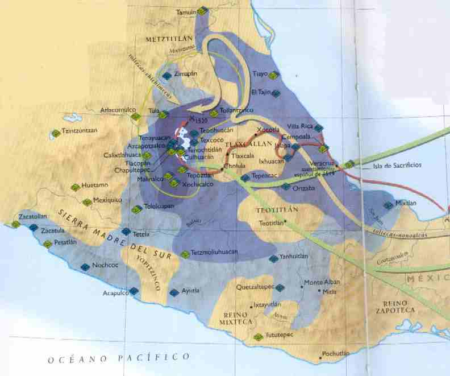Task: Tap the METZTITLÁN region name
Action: [x=168, y=40]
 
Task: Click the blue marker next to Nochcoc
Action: [x=85, y=266]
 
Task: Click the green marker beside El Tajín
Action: [x=273, y=92]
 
